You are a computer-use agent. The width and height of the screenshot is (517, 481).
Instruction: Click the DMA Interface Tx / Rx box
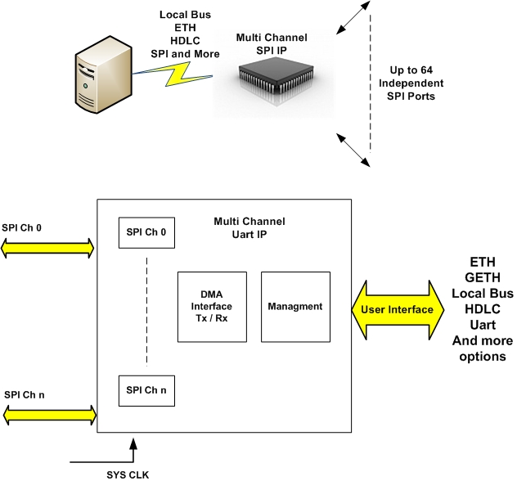(212, 307)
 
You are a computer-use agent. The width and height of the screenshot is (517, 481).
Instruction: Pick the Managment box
(295, 307)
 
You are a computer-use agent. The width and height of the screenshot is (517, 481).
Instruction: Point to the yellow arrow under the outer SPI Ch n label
(48, 415)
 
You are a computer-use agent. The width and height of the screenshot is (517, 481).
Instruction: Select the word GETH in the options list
(483, 276)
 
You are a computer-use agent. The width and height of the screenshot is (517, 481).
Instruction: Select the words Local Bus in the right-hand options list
(483, 293)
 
